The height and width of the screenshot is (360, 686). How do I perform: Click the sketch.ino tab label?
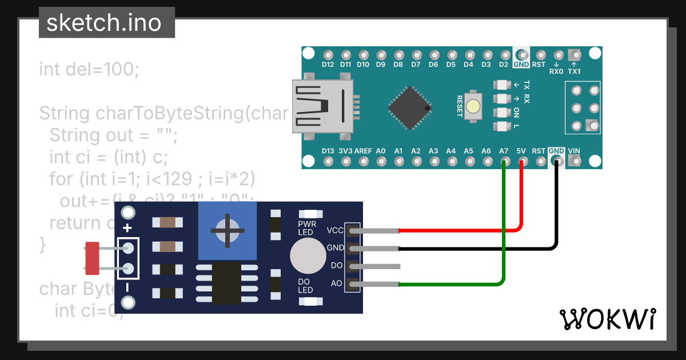click(103, 23)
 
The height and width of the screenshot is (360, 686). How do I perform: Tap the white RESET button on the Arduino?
click(473, 106)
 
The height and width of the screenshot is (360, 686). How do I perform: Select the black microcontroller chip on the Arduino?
click(409, 107)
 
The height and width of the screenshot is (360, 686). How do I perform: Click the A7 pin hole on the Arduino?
click(504, 162)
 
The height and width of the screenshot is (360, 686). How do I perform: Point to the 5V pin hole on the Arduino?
click(521, 162)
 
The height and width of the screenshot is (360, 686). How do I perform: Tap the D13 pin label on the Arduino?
click(328, 151)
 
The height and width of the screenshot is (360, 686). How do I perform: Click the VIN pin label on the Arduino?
click(574, 151)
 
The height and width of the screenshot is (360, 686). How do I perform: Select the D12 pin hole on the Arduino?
click(328, 55)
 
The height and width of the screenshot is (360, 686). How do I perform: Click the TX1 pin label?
click(574, 71)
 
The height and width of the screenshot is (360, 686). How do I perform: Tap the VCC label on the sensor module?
click(335, 230)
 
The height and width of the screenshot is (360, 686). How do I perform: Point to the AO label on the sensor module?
click(336, 283)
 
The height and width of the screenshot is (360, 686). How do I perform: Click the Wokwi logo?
click(607, 319)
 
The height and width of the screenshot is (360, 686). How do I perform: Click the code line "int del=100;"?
click(89, 70)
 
